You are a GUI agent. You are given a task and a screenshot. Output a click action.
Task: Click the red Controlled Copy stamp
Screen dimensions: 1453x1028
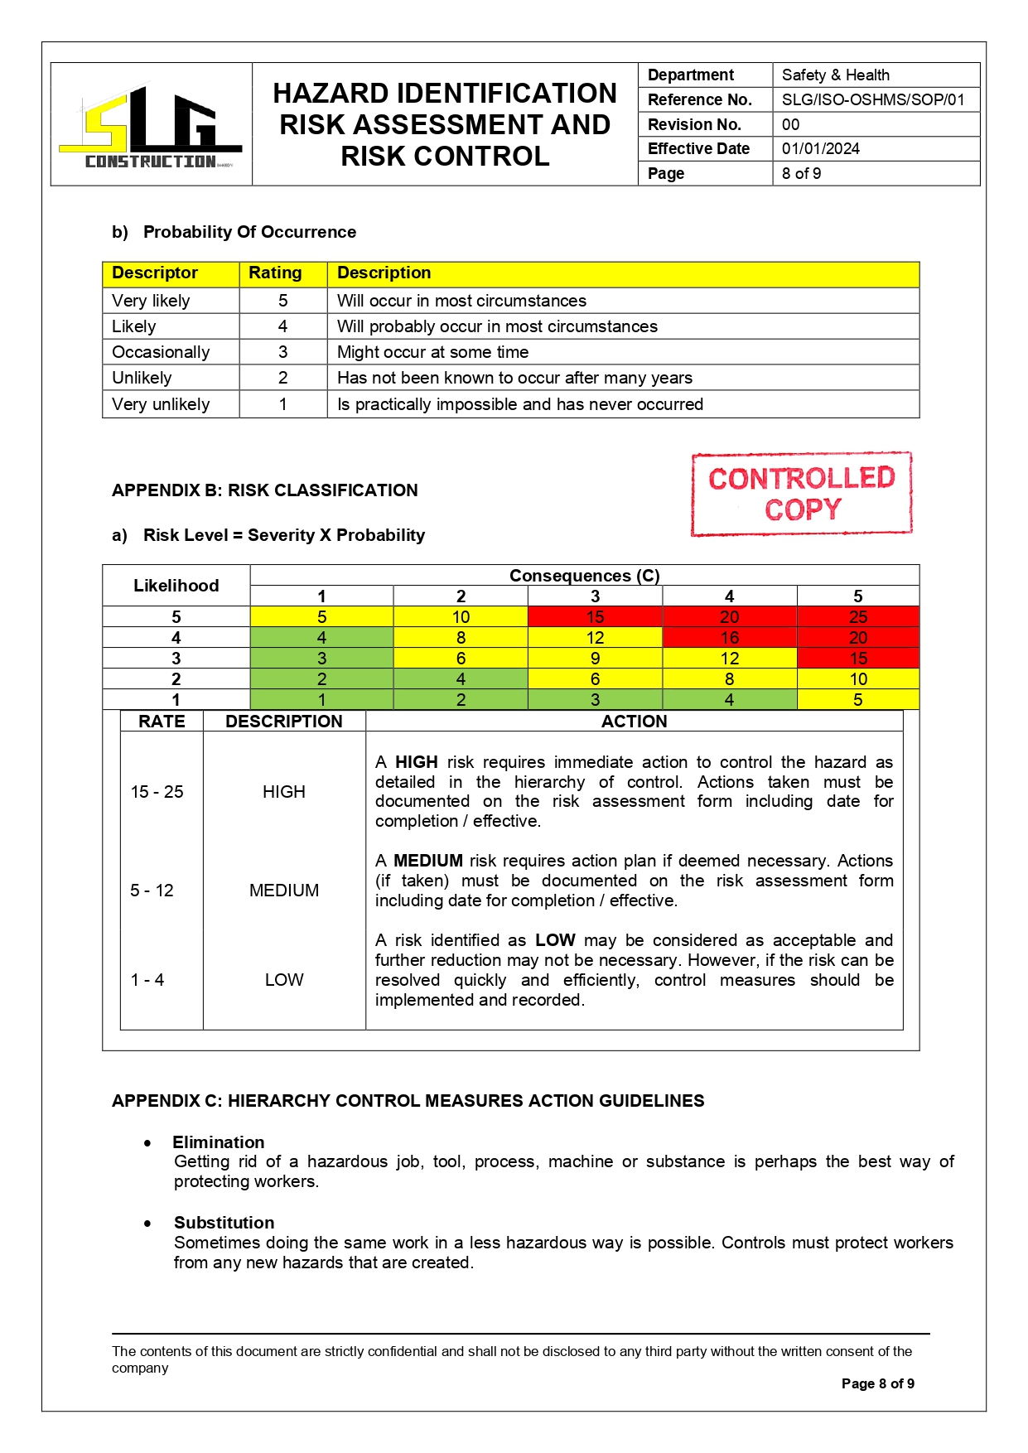coord(801,494)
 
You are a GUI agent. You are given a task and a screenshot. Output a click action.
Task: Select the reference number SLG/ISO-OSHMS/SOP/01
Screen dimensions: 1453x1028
coord(872,100)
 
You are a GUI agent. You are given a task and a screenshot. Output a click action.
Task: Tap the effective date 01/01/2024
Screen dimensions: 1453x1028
coord(820,149)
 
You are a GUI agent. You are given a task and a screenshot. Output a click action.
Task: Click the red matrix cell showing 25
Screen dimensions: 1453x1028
coord(857,617)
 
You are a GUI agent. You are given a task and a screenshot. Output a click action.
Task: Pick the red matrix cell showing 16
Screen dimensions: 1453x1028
coord(729,638)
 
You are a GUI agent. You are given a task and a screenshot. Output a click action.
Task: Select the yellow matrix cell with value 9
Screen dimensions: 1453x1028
coord(595,659)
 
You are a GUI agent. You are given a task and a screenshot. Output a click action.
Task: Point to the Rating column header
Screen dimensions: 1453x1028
coord(275,273)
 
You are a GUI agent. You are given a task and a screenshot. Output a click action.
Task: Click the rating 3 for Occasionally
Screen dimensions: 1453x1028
coord(282,352)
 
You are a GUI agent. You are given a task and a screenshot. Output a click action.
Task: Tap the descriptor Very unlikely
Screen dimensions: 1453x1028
coord(161,404)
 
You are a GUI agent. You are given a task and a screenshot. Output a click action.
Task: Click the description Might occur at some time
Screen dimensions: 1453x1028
coord(432,352)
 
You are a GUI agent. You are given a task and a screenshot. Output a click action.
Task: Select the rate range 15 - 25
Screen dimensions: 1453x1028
coord(157,792)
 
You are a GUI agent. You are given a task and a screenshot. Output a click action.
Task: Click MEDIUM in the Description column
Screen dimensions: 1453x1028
coord(284,891)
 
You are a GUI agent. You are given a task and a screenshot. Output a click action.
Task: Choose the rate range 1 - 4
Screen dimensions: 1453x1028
coord(147,980)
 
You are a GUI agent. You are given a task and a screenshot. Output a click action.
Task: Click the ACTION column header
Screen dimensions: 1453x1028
coord(634,722)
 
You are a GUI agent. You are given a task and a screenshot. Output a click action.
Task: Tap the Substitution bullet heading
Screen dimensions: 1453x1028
coord(224,1223)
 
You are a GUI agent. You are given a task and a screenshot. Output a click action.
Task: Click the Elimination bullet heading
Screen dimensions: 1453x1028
coord(219,1142)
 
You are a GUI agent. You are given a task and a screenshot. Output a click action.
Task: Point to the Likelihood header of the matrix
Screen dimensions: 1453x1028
coord(176,586)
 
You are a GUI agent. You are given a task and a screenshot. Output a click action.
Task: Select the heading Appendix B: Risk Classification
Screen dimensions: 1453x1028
coord(264,490)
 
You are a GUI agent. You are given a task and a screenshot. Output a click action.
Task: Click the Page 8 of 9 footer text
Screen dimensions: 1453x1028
coord(877,1383)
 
